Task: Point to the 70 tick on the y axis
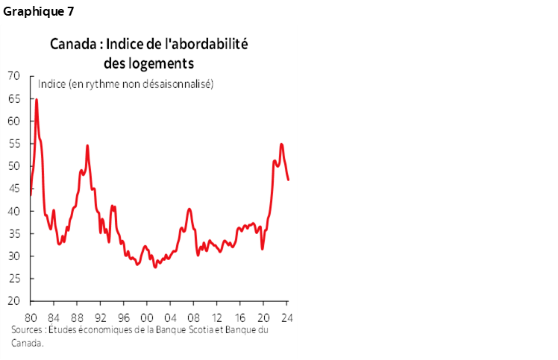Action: pos(13,75)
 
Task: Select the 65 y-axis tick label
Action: pos(13,98)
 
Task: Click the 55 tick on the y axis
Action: pos(13,144)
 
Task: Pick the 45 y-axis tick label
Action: pos(13,189)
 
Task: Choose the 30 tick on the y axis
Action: pos(13,256)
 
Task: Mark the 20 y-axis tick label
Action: pos(13,301)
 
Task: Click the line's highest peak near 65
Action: pos(37,99)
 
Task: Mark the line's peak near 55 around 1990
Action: pos(87,145)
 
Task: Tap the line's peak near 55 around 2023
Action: pos(281,144)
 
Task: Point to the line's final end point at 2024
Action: pos(289,180)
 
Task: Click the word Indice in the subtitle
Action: pos(50,84)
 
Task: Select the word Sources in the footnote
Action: pos(27,329)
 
